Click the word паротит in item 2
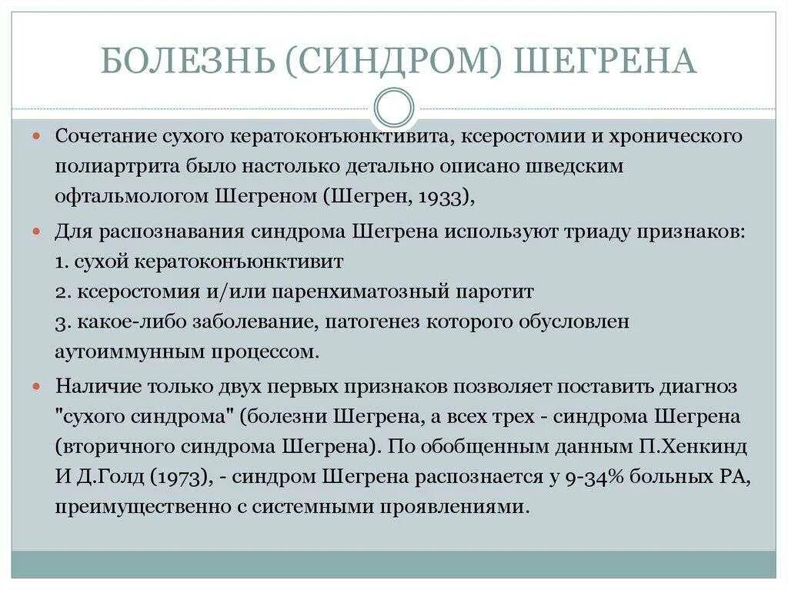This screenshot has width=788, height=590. click(x=499, y=292)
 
